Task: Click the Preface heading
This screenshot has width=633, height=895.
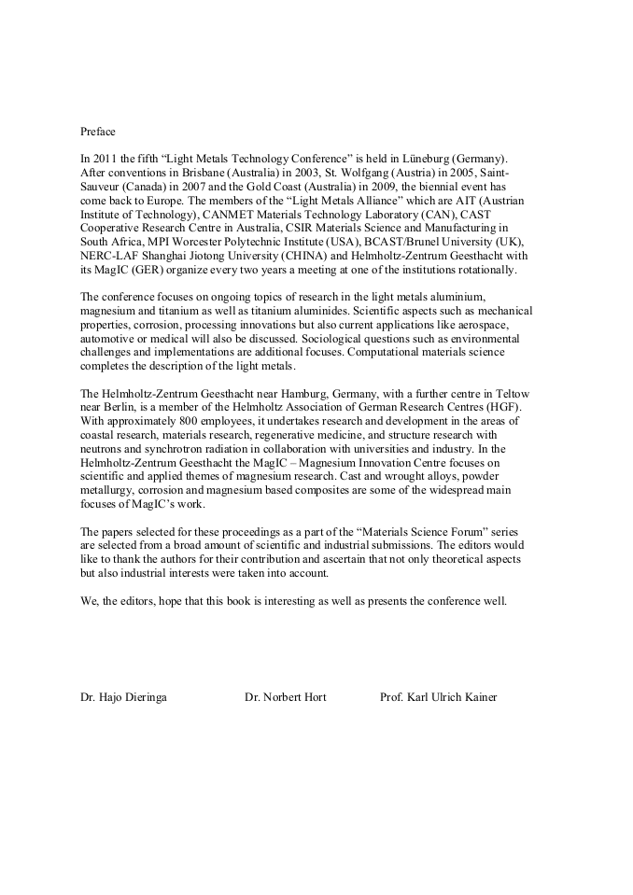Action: click(x=98, y=132)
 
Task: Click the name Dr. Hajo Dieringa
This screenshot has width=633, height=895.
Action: click(x=124, y=696)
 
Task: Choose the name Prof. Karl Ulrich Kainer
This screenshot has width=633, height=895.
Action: click(x=439, y=696)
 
